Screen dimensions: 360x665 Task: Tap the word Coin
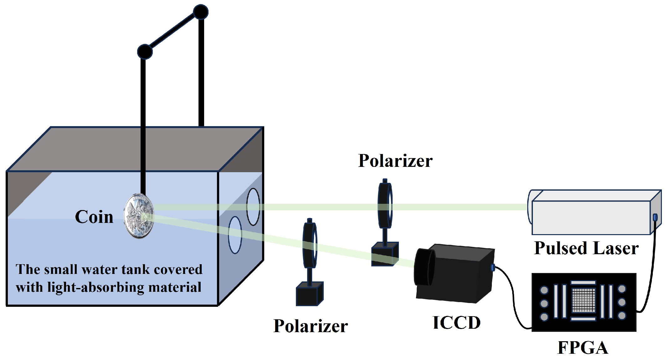[x=94, y=217]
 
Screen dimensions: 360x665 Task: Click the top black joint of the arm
[x=200, y=12]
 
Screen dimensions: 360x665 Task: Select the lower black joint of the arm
[x=145, y=52]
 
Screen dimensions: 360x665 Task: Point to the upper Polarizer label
[x=395, y=161]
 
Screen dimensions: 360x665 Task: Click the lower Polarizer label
[x=311, y=326]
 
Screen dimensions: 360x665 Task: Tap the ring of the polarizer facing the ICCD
[x=309, y=245]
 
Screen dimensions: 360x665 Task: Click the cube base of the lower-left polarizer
[x=309, y=294]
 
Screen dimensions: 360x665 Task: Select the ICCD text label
[x=456, y=323]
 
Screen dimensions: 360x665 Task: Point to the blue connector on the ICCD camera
[x=492, y=267]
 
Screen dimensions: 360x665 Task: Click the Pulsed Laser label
[x=586, y=248]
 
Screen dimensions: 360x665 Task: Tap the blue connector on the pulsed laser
[x=655, y=217]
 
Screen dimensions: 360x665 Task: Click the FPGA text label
[x=583, y=347]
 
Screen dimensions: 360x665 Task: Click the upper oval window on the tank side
[x=253, y=207]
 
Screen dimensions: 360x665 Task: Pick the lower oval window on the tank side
[x=235, y=235]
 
